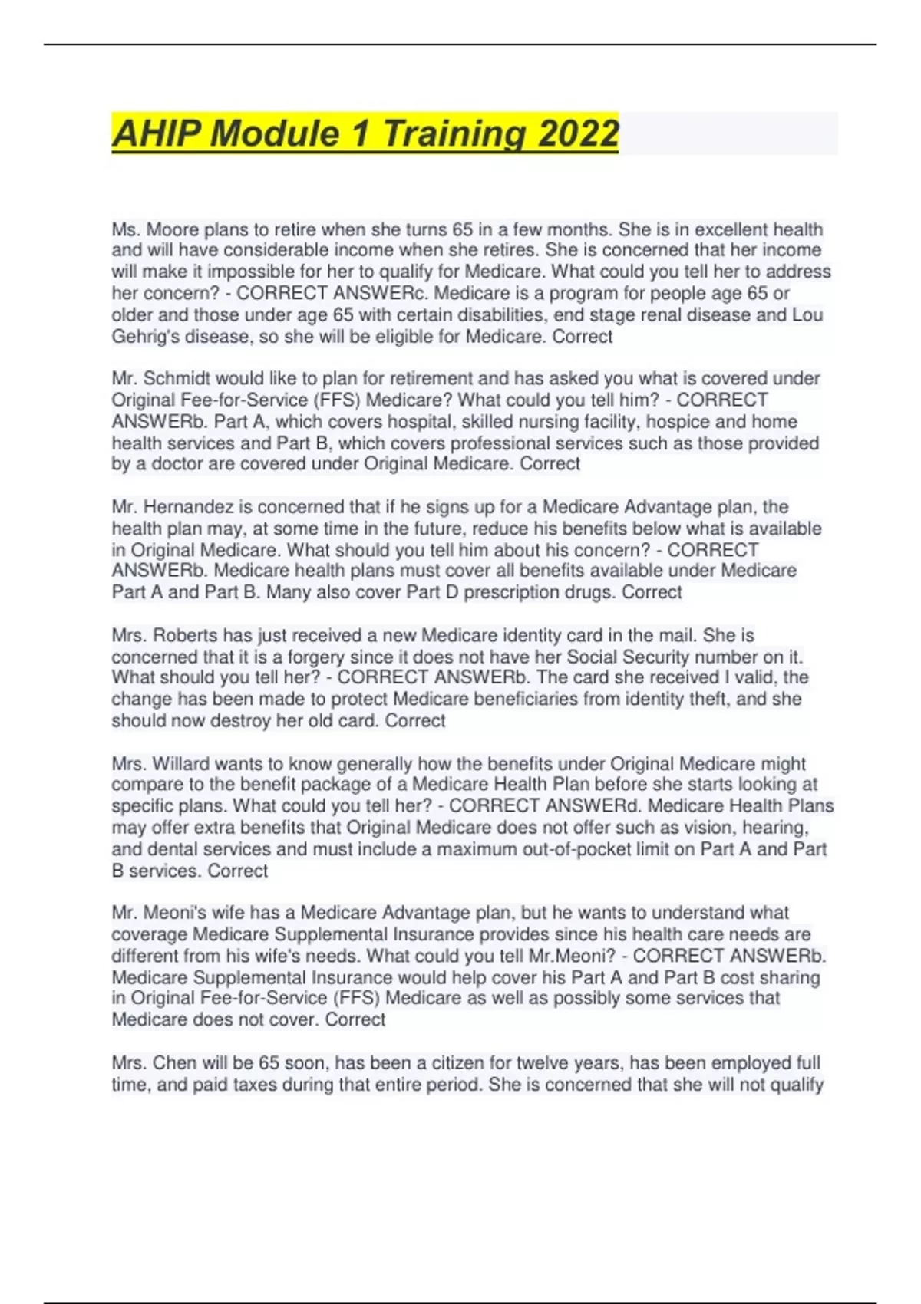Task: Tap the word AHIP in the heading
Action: tap(156, 133)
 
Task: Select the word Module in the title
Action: tap(274, 133)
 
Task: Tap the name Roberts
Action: tap(185, 635)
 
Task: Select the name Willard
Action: tap(181, 764)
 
